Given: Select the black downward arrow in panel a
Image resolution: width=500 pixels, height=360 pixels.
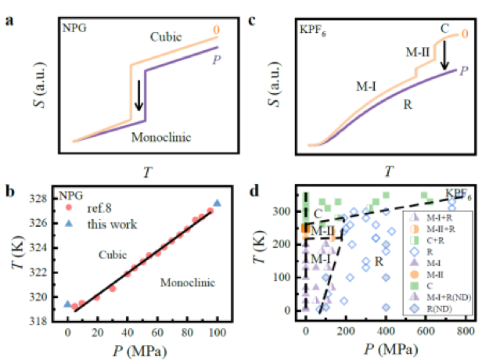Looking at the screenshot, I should tap(141, 93).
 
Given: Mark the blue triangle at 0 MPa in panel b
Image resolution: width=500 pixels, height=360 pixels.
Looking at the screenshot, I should tap(67, 304).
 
